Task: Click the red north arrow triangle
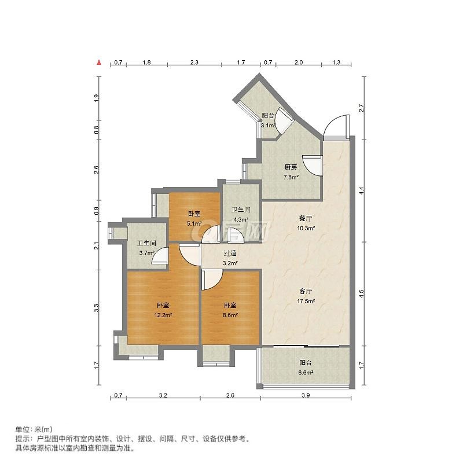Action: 100,63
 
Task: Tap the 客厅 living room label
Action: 306,292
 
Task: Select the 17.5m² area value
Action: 306,301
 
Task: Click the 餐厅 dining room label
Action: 306,219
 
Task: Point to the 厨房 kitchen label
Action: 291,167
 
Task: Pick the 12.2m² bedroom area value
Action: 163,315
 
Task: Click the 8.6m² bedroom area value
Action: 230,315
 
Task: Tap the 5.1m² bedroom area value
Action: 194,223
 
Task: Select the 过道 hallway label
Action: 230,253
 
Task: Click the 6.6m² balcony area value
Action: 306,373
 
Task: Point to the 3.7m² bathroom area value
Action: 147,253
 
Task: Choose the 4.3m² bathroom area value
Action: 241,220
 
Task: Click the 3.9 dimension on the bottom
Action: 306,395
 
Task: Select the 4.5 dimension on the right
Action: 362,293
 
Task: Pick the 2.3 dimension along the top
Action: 194,63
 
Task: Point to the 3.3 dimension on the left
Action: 96,308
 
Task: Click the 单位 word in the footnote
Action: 22,429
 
